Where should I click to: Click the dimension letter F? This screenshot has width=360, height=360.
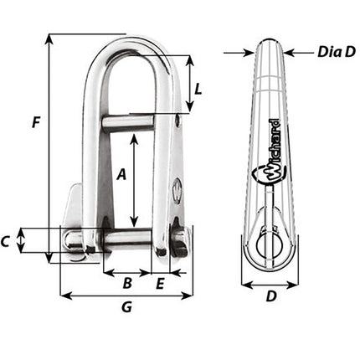click(x=35, y=123)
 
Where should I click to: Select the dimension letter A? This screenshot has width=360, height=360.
click(x=121, y=175)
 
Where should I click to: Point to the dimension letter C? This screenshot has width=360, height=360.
click(x=7, y=242)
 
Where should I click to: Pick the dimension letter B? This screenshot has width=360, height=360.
click(x=126, y=283)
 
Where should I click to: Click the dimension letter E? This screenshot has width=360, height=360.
click(x=161, y=283)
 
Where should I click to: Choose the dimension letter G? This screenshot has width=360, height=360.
click(x=126, y=307)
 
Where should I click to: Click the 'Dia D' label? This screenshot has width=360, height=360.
click(x=337, y=52)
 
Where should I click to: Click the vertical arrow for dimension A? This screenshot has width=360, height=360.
click(x=134, y=180)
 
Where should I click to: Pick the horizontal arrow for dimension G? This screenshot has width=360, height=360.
click(x=126, y=295)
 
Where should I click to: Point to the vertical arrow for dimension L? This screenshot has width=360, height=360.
click(x=190, y=84)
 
